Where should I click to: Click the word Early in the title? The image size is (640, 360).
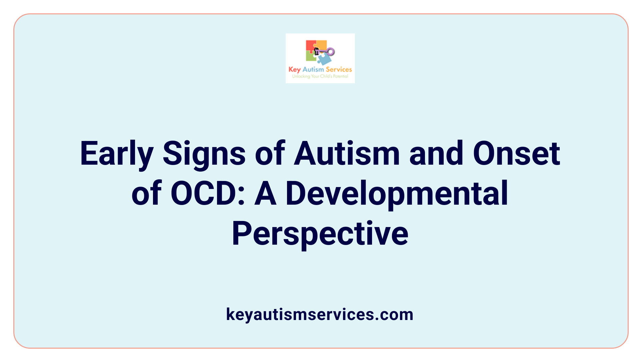[116, 154]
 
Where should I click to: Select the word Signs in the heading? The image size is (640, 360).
[204, 154]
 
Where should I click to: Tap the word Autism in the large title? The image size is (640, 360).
[346, 154]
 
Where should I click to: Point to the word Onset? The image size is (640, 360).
[516, 154]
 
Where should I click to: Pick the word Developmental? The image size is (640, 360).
[397, 194]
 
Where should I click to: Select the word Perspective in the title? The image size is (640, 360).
[320, 234]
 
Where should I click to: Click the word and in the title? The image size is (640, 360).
[436, 154]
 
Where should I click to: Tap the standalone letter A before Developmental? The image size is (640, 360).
[266, 194]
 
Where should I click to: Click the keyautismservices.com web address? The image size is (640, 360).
[320, 314]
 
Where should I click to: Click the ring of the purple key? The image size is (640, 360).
[331, 52]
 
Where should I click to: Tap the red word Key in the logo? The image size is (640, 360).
[294, 70]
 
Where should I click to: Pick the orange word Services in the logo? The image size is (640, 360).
[339, 69]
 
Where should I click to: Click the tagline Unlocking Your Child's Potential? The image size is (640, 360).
[320, 76]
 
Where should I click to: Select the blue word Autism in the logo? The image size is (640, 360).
[313, 69]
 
